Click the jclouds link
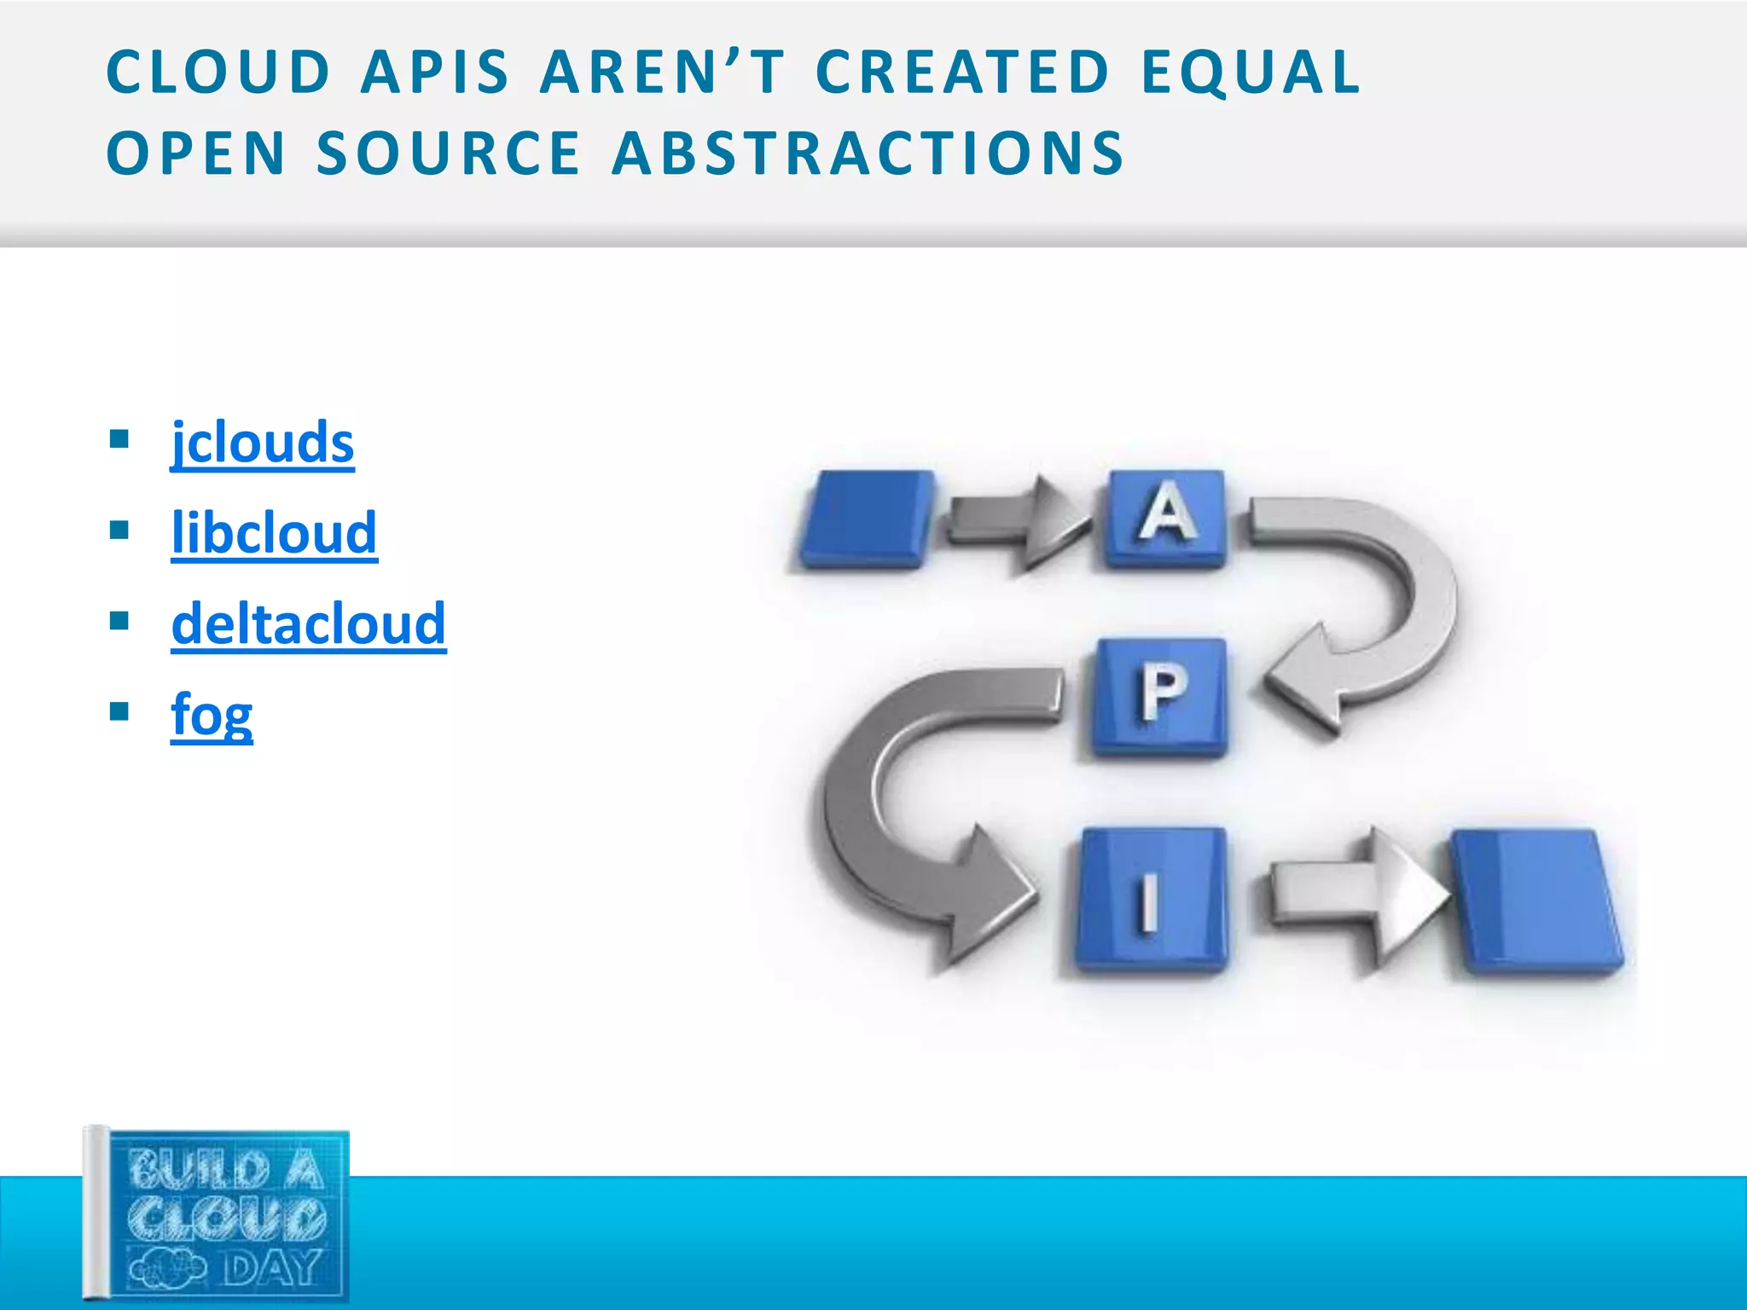click(262, 443)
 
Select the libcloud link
click(274, 533)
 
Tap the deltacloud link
click(308, 623)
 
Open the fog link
click(212, 715)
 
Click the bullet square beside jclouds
click(119, 440)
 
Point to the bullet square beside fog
click(119, 711)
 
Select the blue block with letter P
click(1161, 695)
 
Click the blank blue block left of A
click(866, 518)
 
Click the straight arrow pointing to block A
click(1015, 522)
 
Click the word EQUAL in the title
click(1251, 72)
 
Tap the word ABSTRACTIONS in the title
click(868, 154)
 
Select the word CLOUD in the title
click(218, 72)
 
